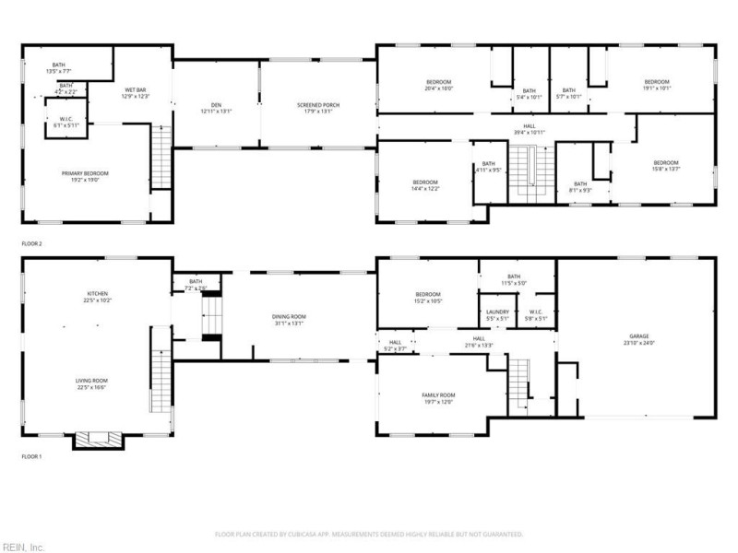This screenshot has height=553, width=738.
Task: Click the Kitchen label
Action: [98, 295]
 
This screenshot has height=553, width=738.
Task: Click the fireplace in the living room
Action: [99, 440]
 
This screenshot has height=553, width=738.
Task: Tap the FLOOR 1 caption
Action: [33, 456]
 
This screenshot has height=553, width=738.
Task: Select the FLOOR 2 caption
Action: [33, 244]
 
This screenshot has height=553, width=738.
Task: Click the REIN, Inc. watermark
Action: [23, 547]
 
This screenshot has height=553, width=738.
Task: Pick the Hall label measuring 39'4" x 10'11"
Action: [530, 129]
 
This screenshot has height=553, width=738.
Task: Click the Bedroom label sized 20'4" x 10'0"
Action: [438, 85]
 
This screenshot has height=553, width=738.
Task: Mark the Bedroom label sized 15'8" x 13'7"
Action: [666, 165]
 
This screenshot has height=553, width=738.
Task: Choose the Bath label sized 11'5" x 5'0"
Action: [514, 279]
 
